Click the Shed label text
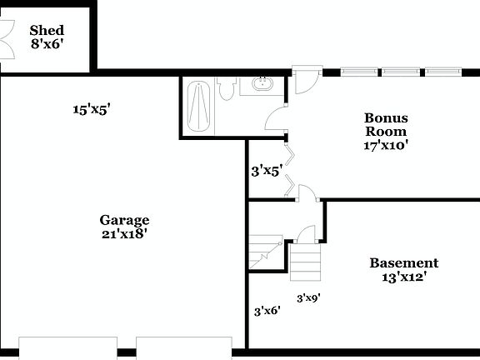[47, 31]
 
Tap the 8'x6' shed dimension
[47, 45]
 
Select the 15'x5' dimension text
[92, 109]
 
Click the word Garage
[125, 220]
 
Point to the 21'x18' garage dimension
[125, 234]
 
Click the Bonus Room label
[386, 124]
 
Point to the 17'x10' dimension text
[386, 145]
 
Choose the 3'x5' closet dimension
[267, 172]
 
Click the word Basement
[404, 263]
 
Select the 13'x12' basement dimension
[404, 277]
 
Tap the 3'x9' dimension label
[309, 297]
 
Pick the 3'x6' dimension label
[267, 311]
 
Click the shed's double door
[7, 38]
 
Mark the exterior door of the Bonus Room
[305, 77]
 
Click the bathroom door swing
[277, 120]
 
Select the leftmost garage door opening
[67, 347]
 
